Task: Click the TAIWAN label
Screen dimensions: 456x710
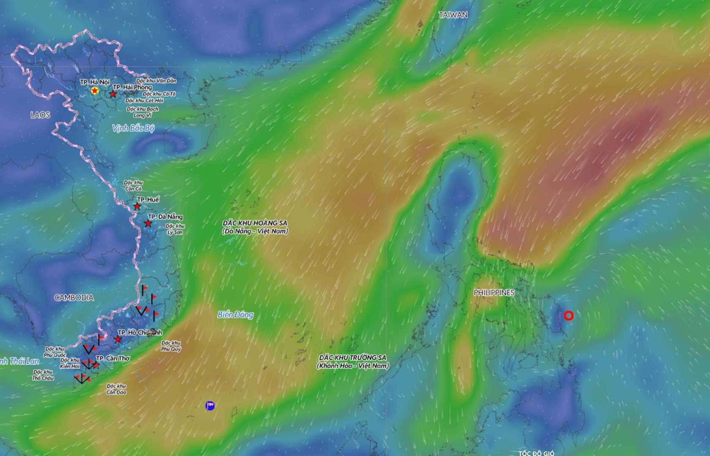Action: click(453, 15)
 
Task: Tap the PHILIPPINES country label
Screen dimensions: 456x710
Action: click(494, 293)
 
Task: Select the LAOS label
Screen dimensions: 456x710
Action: click(40, 115)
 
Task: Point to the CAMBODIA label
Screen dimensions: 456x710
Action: click(74, 298)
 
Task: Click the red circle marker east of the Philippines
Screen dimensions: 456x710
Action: click(569, 315)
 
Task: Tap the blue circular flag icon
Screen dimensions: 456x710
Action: click(210, 406)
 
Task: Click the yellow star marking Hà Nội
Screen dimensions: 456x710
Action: click(95, 91)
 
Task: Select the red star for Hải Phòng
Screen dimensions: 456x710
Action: click(113, 94)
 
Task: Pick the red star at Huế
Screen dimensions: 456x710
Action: click(137, 206)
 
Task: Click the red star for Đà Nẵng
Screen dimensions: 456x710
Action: click(148, 223)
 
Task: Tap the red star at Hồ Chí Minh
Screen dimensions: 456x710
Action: click(118, 339)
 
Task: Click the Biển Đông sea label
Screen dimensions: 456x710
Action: click(235, 315)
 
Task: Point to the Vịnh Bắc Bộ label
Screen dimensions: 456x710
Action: click(133, 128)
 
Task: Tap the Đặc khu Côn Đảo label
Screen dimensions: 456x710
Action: click(116, 389)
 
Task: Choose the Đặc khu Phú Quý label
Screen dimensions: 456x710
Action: click(171, 346)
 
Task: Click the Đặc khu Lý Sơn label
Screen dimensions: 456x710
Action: click(175, 229)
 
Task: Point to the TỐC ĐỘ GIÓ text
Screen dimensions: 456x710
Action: click(536, 453)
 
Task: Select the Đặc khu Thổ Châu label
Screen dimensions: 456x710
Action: click(43, 375)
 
